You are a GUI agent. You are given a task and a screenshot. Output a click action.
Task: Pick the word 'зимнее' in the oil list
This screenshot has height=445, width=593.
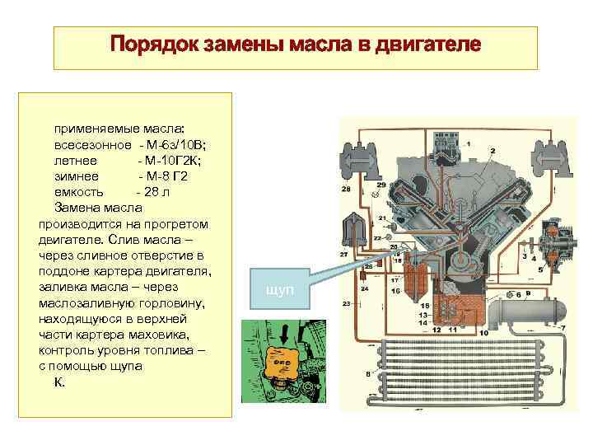click(x=77, y=176)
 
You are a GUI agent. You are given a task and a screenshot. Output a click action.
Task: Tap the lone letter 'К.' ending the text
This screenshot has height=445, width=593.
click(x=59, y=383)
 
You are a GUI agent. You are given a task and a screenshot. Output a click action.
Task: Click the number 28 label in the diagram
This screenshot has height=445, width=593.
click(x=346, y=190)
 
